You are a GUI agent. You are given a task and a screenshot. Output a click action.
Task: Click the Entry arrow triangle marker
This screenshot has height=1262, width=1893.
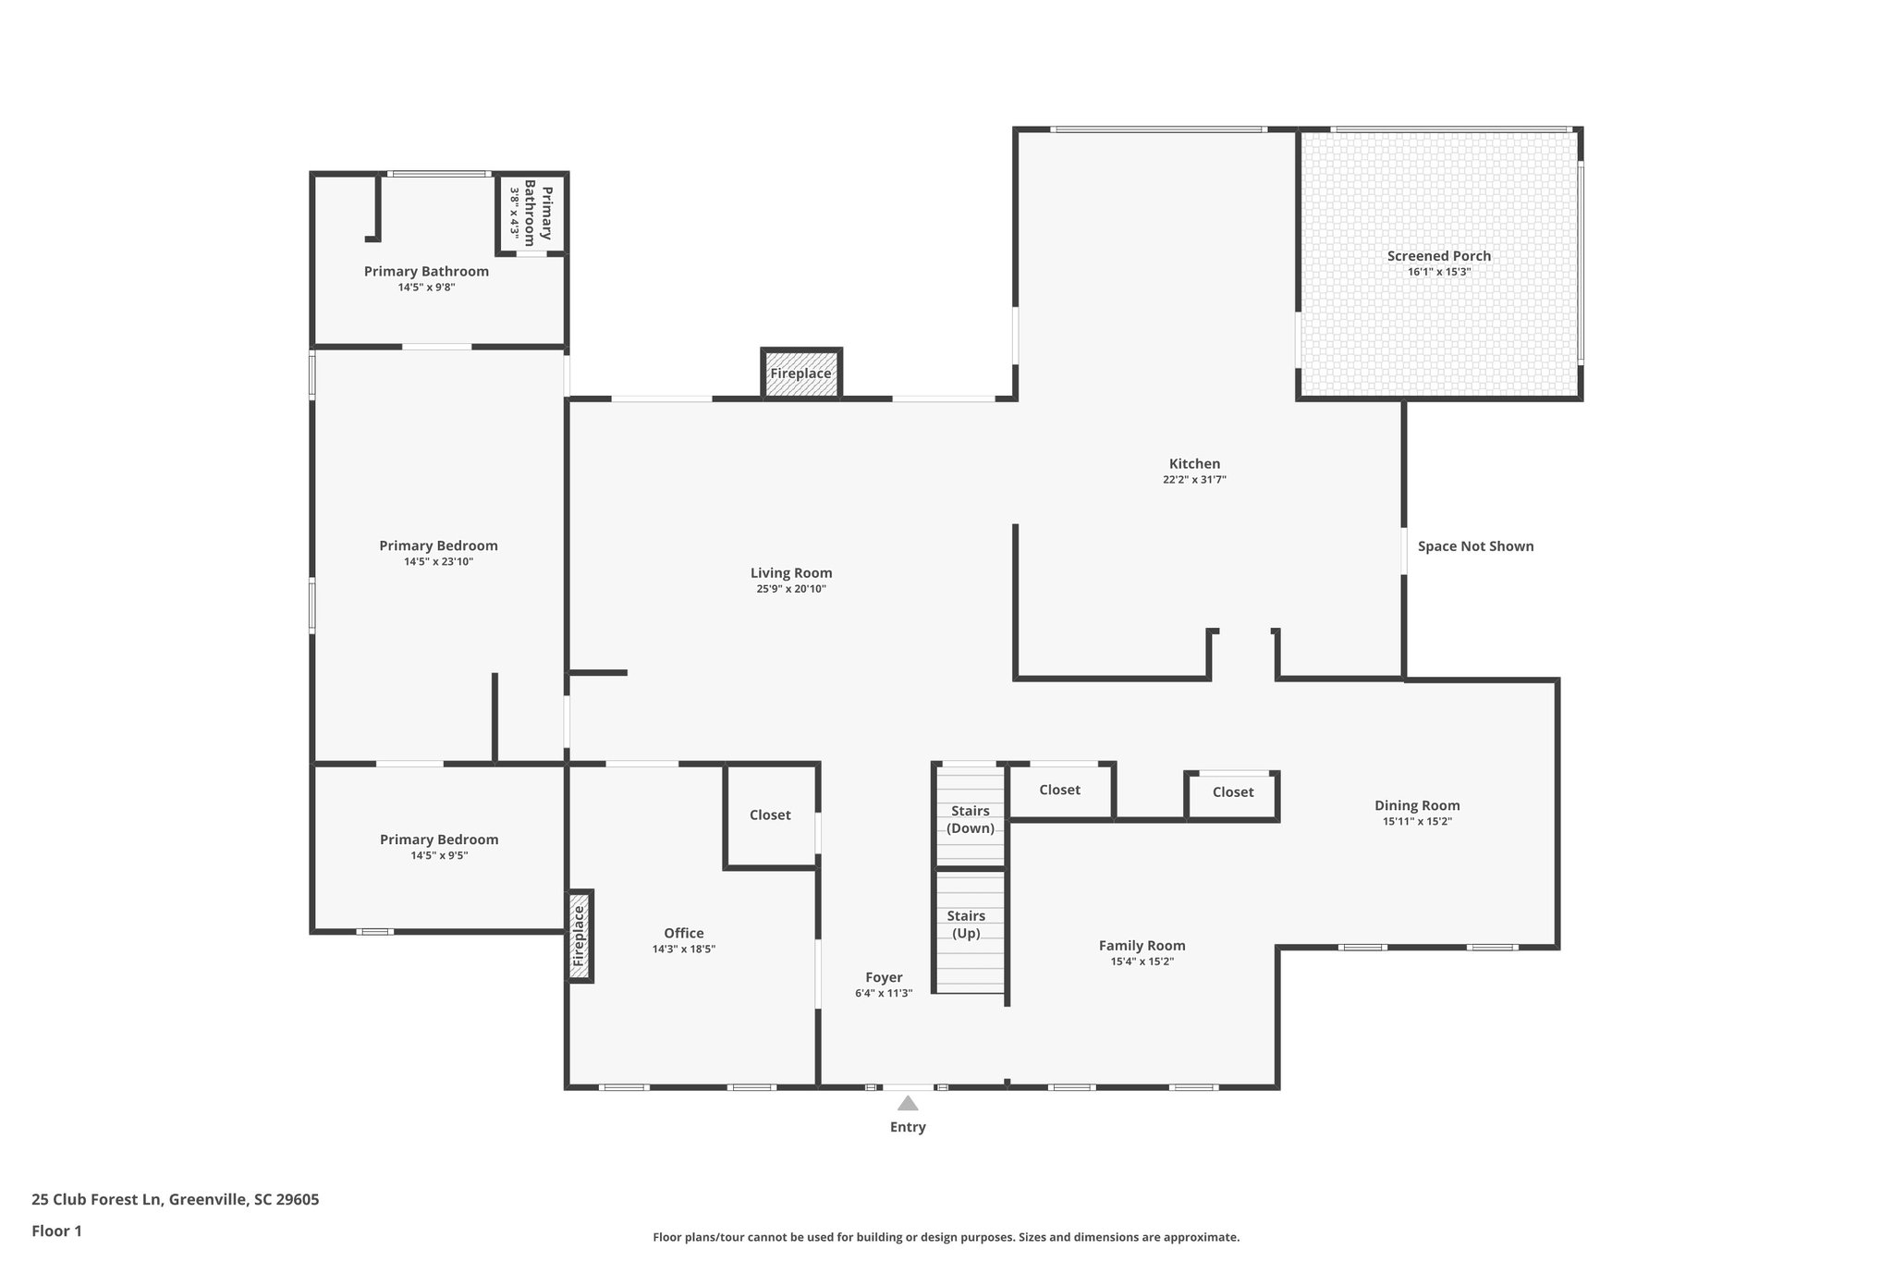coord(908,1103)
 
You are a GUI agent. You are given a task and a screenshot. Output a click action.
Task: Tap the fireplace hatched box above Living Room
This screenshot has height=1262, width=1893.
coord(800,374)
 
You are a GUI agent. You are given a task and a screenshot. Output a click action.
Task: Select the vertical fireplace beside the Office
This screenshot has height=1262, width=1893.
coord(580,936)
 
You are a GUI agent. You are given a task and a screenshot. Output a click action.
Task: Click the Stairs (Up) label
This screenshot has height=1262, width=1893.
coord(966,925)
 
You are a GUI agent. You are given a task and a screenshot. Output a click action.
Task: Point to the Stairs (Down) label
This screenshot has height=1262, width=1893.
coord(970,819)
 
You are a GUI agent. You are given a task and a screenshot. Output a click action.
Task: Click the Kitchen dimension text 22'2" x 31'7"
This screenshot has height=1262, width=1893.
coord(1194,480)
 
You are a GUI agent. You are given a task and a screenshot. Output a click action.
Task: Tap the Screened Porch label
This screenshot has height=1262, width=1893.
coord(1438,256)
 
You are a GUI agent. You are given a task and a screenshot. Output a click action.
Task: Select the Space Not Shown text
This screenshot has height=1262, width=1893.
coord(1475,546)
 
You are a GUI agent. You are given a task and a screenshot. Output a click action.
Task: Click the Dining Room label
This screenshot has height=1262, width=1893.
coord(1417,805)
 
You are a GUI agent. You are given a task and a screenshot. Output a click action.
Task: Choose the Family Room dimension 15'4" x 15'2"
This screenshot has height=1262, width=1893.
coord(1142,962)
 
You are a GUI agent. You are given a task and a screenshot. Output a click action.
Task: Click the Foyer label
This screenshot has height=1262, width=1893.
coord(884,977)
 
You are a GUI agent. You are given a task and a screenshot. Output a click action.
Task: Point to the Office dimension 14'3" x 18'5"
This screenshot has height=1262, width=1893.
coord(683,950)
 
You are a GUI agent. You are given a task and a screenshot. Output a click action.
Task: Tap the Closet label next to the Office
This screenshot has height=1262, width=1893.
coord(770,815)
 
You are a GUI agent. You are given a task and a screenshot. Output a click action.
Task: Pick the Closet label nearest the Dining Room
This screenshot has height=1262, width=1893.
coord(1233,792)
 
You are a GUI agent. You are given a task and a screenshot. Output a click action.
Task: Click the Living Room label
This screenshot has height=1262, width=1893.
coord(791,573)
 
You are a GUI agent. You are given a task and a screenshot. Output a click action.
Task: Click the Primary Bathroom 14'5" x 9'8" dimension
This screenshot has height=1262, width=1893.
coord(426,288)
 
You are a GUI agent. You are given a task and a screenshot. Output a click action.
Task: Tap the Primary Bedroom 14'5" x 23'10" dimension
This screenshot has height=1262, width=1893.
coord(438,562)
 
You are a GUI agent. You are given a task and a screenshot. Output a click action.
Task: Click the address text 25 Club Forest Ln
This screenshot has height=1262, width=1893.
coord(176,1199)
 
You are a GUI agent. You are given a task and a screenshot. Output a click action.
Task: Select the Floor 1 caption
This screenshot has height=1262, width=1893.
coord(56,1231)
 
